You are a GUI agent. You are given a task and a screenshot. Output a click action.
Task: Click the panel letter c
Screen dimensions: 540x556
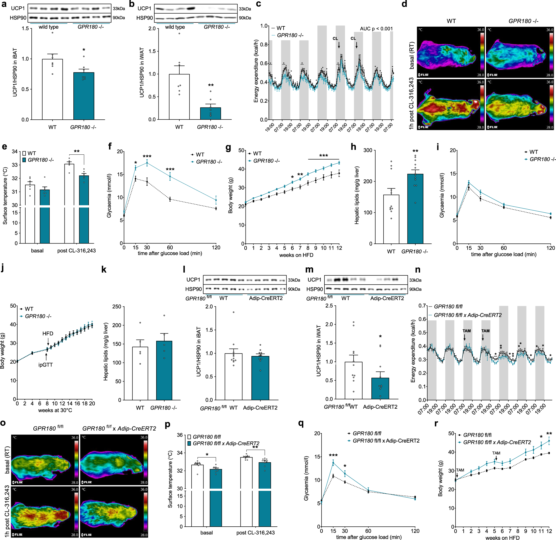coord(259,4)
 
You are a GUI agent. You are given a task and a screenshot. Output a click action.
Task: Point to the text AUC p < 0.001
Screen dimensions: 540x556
coord(376,29)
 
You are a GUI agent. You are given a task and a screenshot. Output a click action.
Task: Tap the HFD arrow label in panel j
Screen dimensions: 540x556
coord(48,333)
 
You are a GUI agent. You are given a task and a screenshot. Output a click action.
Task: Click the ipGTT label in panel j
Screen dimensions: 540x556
coord(45,365)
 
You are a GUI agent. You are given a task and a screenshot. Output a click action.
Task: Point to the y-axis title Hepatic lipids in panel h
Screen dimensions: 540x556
coord(357,195)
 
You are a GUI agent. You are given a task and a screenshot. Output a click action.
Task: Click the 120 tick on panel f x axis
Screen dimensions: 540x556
coord(216,247)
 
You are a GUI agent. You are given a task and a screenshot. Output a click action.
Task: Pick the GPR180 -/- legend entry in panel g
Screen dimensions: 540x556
coord(266,161)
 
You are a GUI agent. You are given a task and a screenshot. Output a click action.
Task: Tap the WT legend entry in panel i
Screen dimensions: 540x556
coord(533,152)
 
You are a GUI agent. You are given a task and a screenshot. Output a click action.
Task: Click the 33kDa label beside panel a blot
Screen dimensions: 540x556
coord(119,9)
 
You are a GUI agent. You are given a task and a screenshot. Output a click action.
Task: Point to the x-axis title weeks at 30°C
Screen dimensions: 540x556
coord(55,410)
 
